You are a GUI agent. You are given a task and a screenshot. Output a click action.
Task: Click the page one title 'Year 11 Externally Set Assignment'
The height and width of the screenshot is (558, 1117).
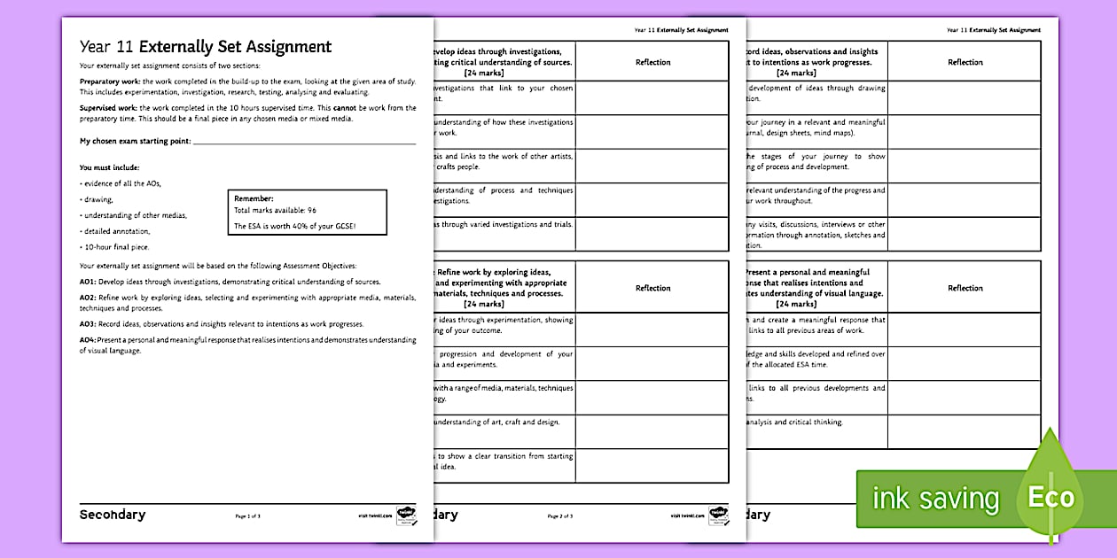click(x=205, y=48)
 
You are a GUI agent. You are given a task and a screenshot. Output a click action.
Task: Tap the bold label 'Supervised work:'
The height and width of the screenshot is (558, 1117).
click(x=103, y=107)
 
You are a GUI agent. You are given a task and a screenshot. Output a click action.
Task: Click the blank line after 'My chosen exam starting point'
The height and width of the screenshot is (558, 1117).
click(x=304, y=142)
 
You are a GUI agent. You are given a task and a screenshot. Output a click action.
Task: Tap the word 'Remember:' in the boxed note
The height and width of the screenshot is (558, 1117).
click(x=254, y=199)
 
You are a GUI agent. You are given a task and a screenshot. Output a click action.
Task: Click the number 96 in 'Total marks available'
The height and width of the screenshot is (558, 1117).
click(x=311, y=211)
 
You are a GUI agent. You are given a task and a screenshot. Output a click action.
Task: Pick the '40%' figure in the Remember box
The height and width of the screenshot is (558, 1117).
click(x=312, y=226)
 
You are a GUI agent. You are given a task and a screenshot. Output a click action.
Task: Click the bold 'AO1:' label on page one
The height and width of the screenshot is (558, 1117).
click(x=88, y=281)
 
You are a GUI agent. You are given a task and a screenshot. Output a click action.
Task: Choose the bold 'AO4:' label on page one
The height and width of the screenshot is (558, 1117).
click(x=88, y=340)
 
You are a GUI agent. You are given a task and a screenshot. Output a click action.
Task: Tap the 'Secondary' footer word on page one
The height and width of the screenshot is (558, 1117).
click(x=113, y=515)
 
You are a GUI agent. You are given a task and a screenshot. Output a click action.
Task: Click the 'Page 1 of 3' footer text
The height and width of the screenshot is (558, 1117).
click(x=247, y=515)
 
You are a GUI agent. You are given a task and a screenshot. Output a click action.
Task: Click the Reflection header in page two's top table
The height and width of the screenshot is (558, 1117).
click(x=652, y=62)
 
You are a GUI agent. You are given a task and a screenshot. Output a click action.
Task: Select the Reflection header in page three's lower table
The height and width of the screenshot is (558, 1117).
click(x=965, y=288)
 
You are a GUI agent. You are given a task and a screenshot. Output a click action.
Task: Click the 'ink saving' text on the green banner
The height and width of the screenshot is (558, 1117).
click(x=935, y=499)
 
